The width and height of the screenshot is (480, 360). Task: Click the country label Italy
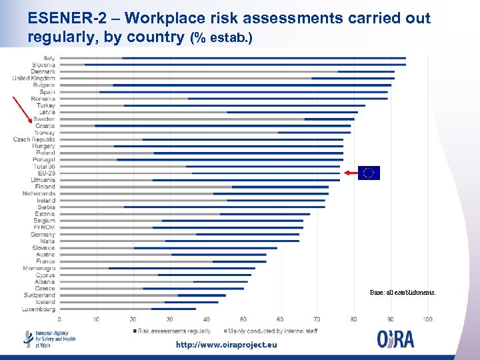[x=49, y=58]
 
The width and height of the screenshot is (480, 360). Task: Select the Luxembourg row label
[x=38, y=309]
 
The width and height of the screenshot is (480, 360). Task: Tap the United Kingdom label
[x=33, y=79]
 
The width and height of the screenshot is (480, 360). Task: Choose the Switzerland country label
[x=39, y=295]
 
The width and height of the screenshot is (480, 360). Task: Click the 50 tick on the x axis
[x=243, y=319]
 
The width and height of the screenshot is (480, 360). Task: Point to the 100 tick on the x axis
[x=427, y=319]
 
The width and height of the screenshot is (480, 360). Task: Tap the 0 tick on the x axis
[x=59, y=319]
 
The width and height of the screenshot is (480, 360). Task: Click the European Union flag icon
[x=369, y=173]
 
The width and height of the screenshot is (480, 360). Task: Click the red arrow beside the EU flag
[x=351, y=172]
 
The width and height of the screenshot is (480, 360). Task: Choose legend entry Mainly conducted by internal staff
[x=272, y=331]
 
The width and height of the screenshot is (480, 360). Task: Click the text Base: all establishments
[x=403, y=292]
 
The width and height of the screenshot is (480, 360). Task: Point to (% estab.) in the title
[x=221, y=38]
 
